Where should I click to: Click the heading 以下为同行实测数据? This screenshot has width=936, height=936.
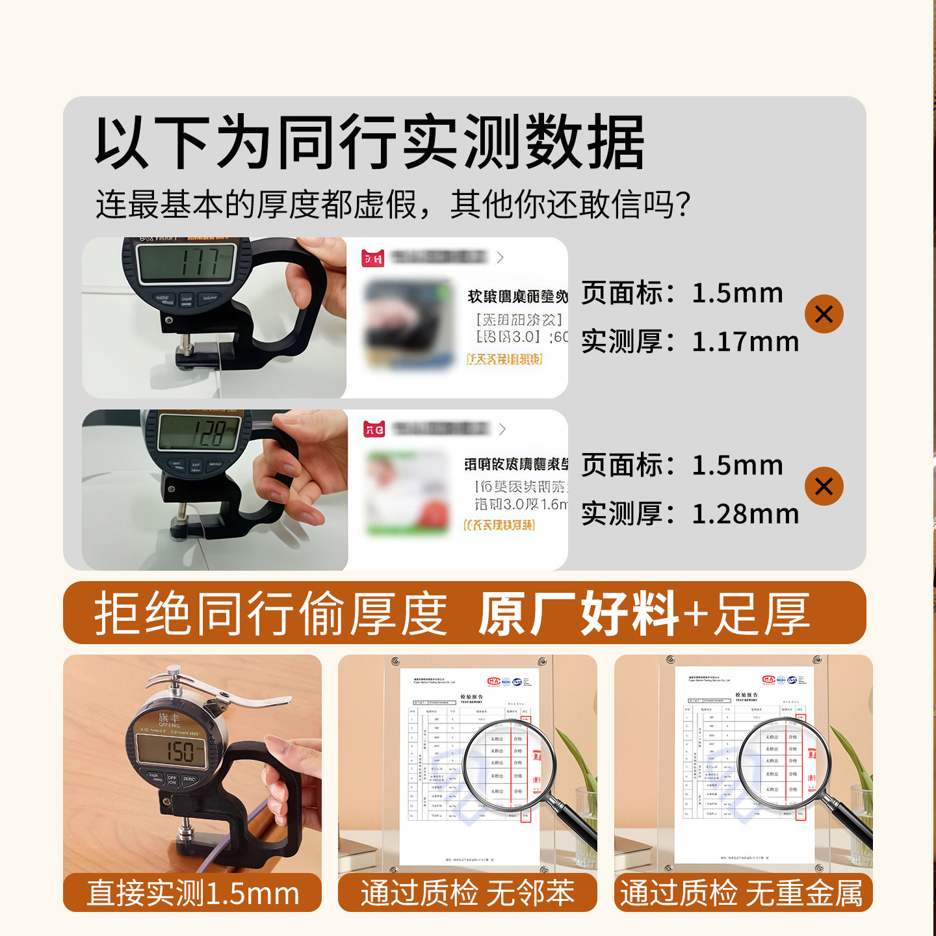pyautogui.click(x=369, y=142)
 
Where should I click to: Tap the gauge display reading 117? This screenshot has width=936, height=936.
pyautogui.click(x=186, y=262)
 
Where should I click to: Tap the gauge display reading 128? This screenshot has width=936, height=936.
pyautogui.click(x=200, y=432)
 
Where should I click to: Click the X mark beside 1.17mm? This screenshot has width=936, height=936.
pyautogui.click(x=824, y=315)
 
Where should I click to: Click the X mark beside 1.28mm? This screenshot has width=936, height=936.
pyautogui.click(x=824, y=486)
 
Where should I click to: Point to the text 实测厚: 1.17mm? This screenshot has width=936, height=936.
pyautogui.click(x=690, y=342)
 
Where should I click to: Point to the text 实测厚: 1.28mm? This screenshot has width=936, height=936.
pyautogui.click(x=690, y=514)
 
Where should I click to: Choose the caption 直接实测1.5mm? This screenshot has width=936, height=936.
pyautogui.click(x=192, y=893)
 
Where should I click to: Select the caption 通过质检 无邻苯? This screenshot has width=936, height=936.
pyautogui.click(x=467, y=893)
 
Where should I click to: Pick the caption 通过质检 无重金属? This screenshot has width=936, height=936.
pyautogui.click(x=742, y=893)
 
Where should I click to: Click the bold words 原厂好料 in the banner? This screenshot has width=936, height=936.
pyautogui.click(x=578, y=614)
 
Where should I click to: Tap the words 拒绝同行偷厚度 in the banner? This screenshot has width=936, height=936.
pyautogui.click(x=270, y=614)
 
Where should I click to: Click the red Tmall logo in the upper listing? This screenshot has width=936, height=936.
pyautogui.click(x=373, y=258)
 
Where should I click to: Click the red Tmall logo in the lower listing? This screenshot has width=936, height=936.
pyautogui.click(x=374, y=429)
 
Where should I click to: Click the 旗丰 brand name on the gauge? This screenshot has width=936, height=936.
pyautogui.click(x=169, y=718)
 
